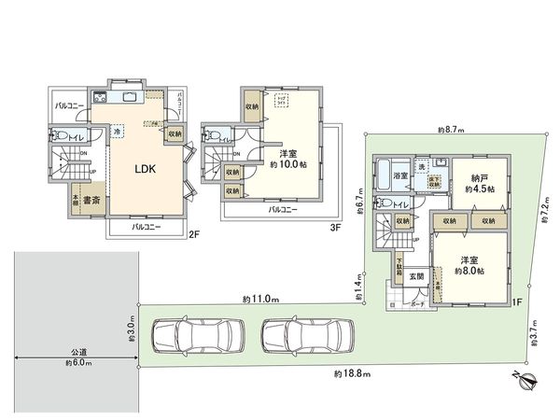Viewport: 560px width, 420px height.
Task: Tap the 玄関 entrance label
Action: point(416,276)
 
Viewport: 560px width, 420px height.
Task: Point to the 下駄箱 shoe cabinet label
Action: point(400,272)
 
